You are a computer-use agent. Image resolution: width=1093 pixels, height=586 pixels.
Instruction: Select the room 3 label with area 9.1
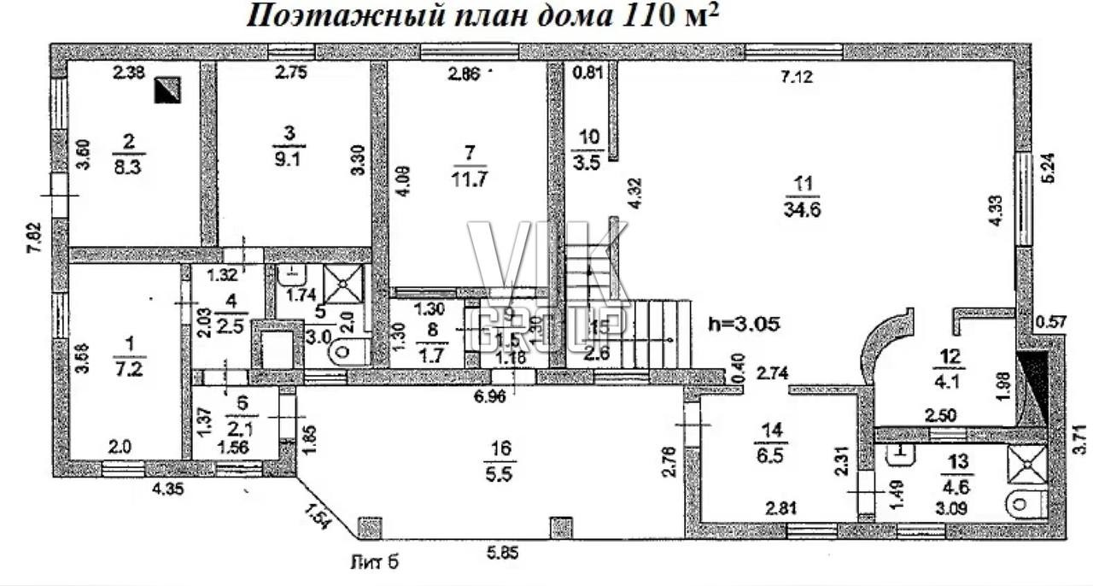tap(290, 146)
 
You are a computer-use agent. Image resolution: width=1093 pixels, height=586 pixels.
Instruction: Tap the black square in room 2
tap(167, 89)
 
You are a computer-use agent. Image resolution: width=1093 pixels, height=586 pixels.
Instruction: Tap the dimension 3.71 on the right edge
tap(1080, 439)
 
